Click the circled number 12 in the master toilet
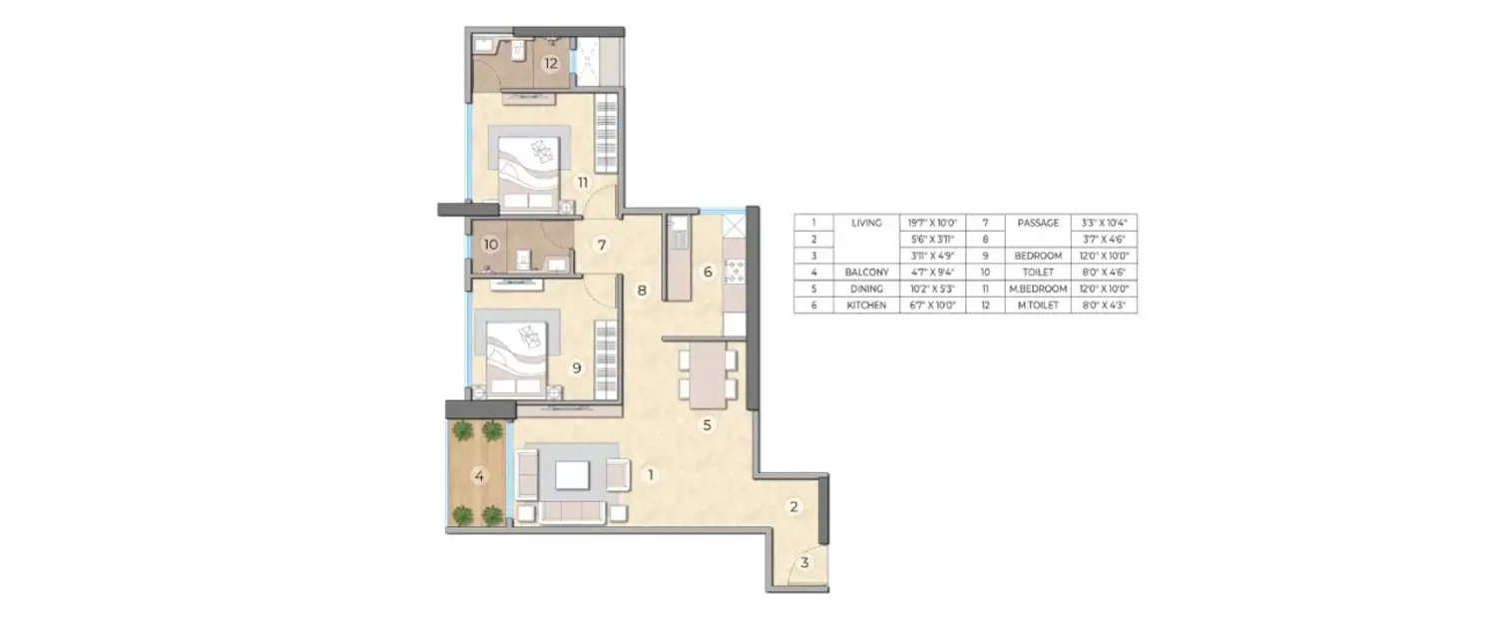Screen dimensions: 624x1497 549,64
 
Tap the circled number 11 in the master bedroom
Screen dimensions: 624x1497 582,182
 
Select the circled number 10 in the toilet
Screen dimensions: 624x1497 490,245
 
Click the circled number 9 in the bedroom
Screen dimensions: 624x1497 576,367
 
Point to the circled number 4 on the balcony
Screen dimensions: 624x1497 479,477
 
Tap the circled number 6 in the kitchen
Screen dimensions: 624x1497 708,272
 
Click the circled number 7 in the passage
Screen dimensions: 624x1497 601,245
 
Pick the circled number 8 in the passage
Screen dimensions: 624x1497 643,292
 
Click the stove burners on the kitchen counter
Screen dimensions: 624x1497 736,270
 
